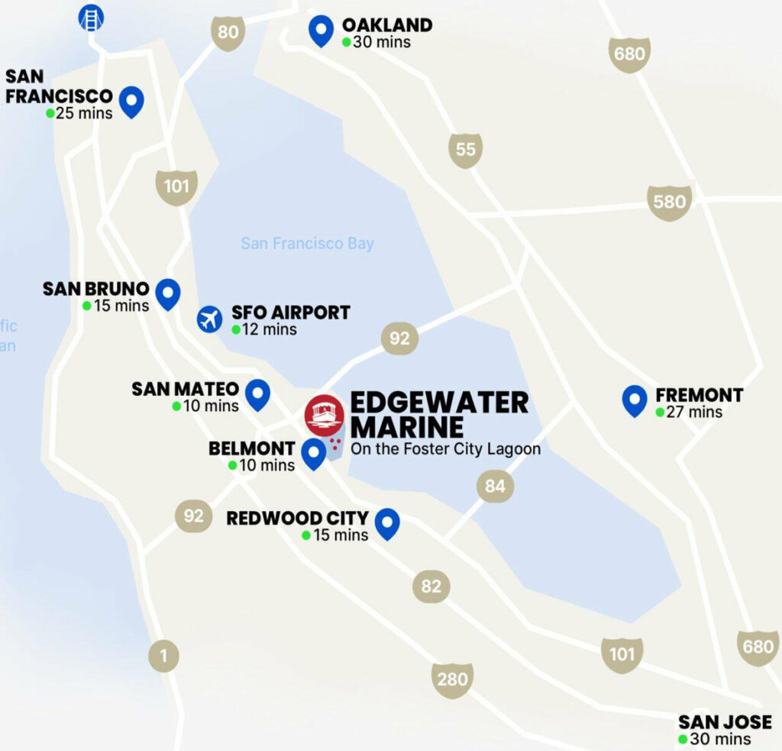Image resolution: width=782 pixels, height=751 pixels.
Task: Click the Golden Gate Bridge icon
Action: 92,17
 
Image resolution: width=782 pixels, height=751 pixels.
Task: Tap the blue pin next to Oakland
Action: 321,30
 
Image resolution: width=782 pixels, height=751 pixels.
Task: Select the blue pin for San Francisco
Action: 132,100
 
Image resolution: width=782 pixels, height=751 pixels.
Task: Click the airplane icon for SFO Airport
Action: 209,319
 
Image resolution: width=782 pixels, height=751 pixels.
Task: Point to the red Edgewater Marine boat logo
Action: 324,415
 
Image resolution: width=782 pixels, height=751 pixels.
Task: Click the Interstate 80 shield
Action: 228,33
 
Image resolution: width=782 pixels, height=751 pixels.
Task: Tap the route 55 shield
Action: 466,150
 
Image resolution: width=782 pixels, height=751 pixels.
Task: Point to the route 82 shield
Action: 431,586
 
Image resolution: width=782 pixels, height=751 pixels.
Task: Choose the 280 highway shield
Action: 452,678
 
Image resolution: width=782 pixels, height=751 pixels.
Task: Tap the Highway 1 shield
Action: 163,655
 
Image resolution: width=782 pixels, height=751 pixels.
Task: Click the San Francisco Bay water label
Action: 307,244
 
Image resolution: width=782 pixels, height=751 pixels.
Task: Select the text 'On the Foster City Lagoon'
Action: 445,449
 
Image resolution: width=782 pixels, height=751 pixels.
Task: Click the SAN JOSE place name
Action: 725,722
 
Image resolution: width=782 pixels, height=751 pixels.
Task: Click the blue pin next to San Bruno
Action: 167,293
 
